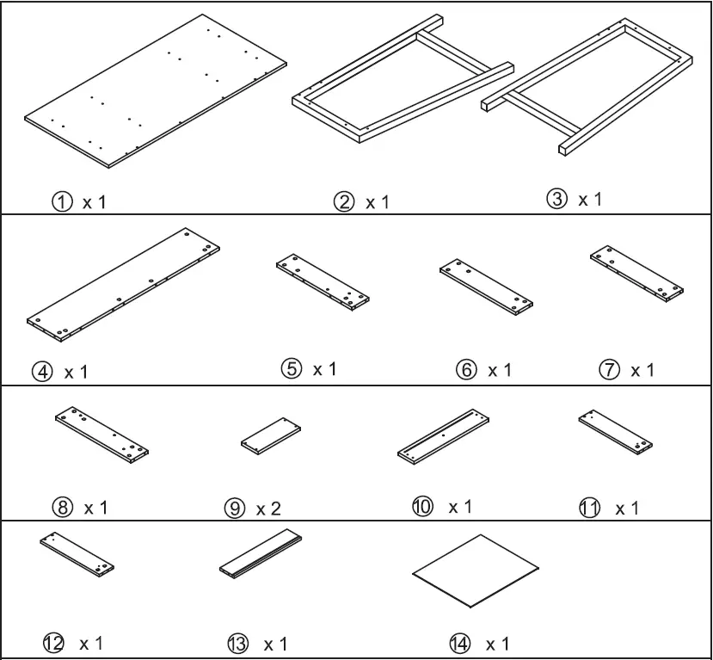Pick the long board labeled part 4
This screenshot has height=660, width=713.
pos(124,282)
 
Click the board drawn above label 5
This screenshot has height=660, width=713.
pos(323,283)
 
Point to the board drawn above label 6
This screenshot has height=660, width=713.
pos(486,286)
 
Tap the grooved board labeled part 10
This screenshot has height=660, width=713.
pos(444,436)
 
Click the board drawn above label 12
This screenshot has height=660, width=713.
pos(77,553)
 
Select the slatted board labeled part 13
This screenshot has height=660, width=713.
pos(261,553)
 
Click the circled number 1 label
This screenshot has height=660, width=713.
pos(61,203)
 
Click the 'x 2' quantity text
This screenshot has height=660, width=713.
pos(268,508)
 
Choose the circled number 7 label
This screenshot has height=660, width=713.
pos(608,370)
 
